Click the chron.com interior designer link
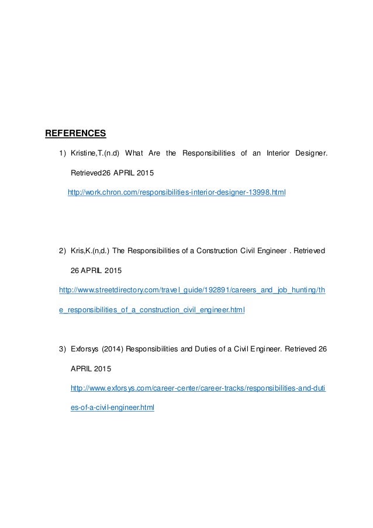click(x=177, y=192)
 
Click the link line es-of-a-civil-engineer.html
click(x=112, y=409)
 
